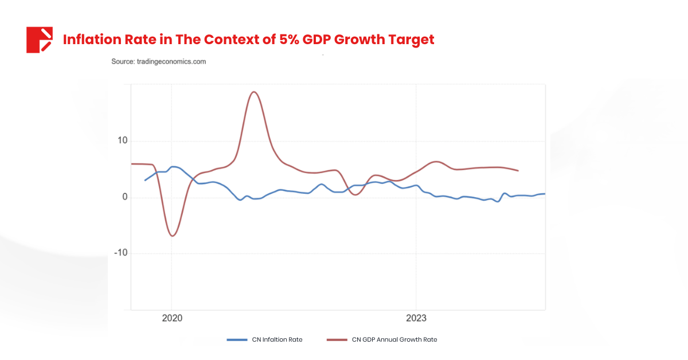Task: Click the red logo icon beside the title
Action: pos(39,40)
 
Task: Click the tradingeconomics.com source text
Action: pos(158,61)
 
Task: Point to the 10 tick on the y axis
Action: pos(122,141)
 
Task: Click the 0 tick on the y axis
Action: pos(124,198)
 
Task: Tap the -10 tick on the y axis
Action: pos(120,253)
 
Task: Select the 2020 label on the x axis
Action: pos(172,319)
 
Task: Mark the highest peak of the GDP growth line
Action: pos(255,92)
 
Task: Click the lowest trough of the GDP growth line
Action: pos(172,236)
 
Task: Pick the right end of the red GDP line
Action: pos(518,170)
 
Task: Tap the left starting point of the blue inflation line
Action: pos(144,180)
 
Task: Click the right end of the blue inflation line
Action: pos(544,194)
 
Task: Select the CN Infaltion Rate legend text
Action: pos(277,339)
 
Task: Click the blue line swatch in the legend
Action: pos(237,339)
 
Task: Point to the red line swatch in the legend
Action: pos(337,339)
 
